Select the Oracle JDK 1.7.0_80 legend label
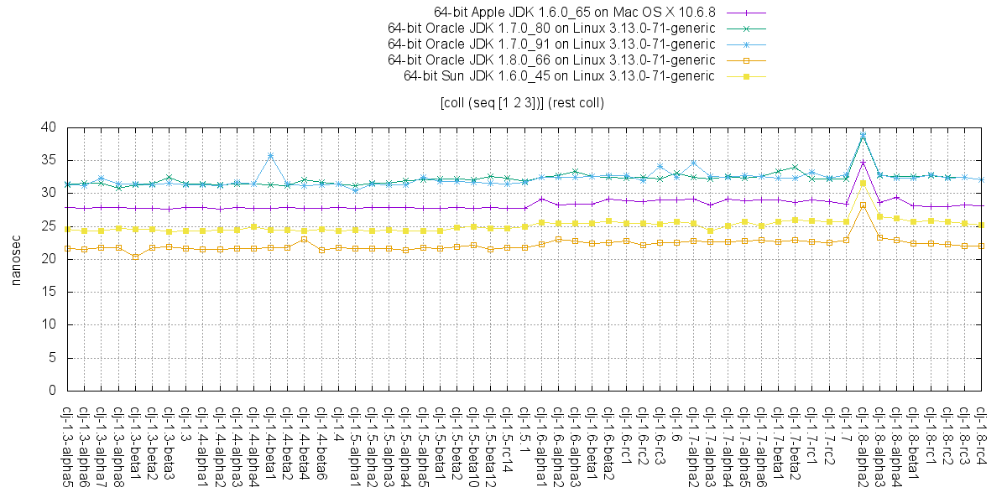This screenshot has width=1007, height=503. pos(551,29)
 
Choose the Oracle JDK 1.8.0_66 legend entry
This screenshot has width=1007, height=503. pos(551,60)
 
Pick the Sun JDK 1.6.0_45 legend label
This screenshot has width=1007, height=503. pos(559,75)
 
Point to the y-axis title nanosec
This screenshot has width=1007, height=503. pos(16,259)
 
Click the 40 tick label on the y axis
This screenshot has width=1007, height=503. pos(50,127)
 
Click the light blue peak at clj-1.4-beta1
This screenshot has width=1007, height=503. pos(270,156)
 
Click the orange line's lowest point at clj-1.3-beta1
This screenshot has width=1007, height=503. pos(135,257)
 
